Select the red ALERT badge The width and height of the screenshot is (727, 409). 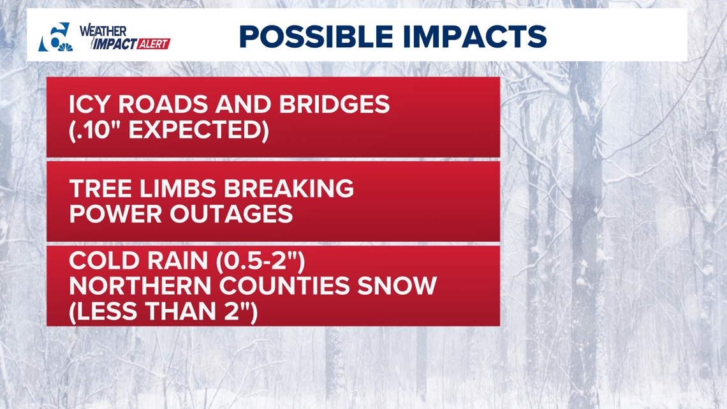pyautogui.click(x=154, y=44)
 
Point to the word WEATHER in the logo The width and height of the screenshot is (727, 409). pyautogui.click(x=103, y=31)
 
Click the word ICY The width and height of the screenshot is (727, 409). pyautogui.click(x=91, y=105)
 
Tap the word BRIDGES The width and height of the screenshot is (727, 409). pyautogui.click(x=334, y=105)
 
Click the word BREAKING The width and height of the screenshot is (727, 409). pyautogui.click(x=289, y=189)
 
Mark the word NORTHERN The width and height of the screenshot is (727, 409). pyautogui.click(x=140, y=286)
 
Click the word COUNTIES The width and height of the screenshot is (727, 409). pyautogui.click(x=284, y=286)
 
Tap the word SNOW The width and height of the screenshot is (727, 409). pyautogui.click(x=397, y=286)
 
